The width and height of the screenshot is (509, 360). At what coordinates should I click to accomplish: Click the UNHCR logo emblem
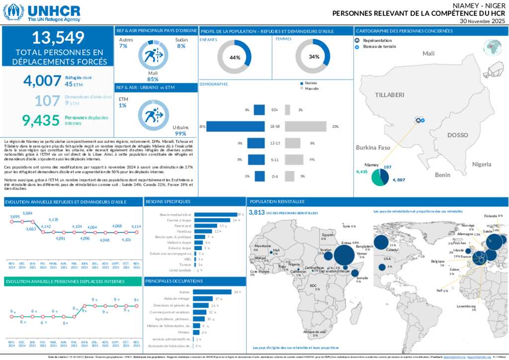(x=13, y=12)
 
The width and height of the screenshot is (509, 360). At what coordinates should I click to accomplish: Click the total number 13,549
(x=57, y=38)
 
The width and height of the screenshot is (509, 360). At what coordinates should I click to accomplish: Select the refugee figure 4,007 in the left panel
(x=42, y=81)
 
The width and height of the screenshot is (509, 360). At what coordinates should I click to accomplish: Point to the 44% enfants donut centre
(x=234, y=57)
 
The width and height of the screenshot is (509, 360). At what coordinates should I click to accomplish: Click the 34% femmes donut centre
(x=313, y=57)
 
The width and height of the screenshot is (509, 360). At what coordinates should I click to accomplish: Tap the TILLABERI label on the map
(x=390, y=94)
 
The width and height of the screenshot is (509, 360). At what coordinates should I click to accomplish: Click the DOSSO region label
(x=457, y=135)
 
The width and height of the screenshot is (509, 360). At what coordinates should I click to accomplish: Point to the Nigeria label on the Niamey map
(x=481, y=164)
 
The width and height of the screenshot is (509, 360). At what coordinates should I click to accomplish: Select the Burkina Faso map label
(x=373, y=148)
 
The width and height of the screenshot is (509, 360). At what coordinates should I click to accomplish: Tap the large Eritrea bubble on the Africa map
(x=344, y=255)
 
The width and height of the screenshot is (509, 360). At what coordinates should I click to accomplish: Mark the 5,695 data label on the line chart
(x=15, y=217)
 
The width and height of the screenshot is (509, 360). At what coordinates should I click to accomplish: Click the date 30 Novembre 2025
(x=482, y=21)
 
